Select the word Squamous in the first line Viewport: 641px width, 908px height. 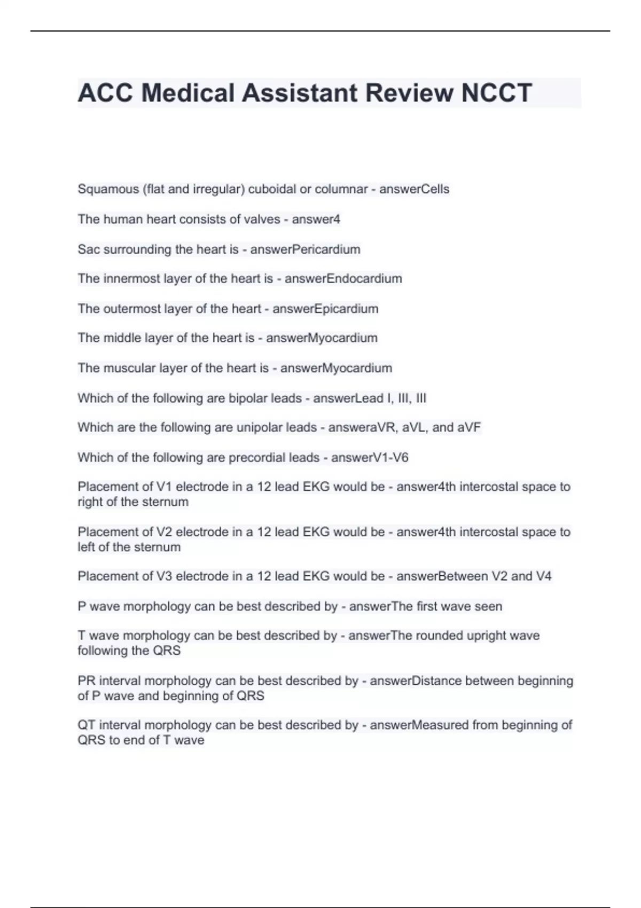(108, 189)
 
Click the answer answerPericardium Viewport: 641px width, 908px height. (305, 249)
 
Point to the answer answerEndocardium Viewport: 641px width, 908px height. (343, 279)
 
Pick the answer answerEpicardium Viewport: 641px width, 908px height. (325, 309)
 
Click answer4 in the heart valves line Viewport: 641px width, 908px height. (316, 219)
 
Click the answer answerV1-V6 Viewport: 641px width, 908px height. (370, 457)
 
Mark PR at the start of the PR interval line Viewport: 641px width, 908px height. (86, 681)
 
